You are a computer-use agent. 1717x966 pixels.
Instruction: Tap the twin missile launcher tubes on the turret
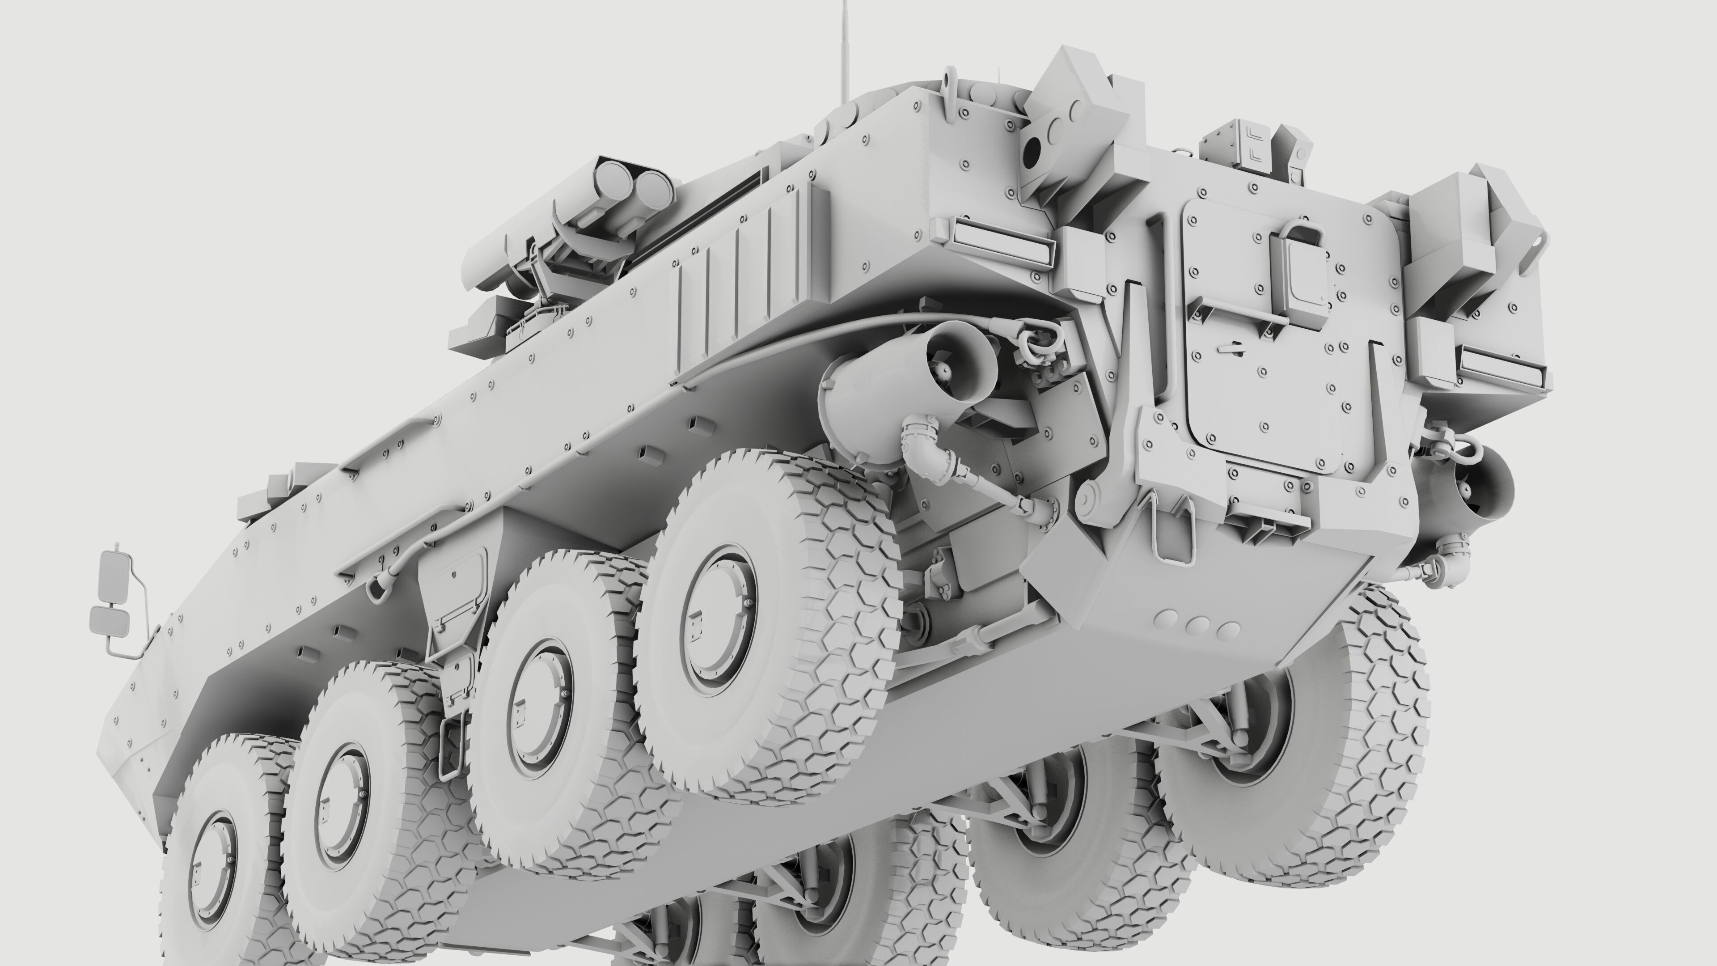[x=633, y=183]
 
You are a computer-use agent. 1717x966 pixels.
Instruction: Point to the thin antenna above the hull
[x=846, y=47]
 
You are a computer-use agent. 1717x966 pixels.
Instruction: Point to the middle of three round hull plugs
[x=1198, y=625]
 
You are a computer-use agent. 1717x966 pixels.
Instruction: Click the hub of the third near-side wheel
[x=540, y=708]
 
